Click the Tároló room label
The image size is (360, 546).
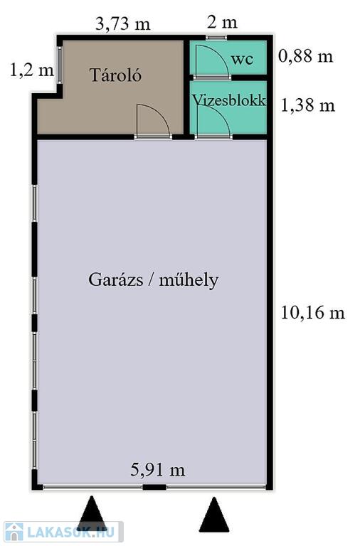coord(116,75)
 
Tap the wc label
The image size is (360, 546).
coord(242,59)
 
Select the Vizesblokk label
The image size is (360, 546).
coord(229,100)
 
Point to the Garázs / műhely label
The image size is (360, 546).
coord(154,280)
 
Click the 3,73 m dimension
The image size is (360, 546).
coord(122,24)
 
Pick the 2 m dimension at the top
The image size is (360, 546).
coord(222,22)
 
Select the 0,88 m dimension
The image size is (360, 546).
coord(306,56)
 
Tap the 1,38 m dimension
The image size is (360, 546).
coord(308,105)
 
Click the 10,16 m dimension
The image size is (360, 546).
coord(312,312)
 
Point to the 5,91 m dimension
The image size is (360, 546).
coord(157,470)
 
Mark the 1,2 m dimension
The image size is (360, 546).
coord(32,70)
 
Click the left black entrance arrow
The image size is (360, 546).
coord(92,513)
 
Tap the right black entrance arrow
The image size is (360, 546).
coord(214,514)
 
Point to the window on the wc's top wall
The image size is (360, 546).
coord(216,37)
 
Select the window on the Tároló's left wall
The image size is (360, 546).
coord(60,65)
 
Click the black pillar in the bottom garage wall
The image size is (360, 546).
coord(154,487)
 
